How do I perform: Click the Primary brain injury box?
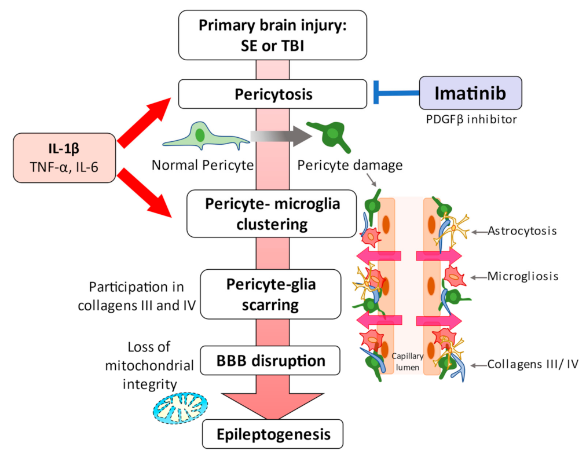coord(273,35)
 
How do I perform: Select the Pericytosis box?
coord(273,94)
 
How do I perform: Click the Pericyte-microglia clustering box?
coord(272,214)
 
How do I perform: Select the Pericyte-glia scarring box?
coord(271,294)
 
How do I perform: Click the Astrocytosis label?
coord(522,231)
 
